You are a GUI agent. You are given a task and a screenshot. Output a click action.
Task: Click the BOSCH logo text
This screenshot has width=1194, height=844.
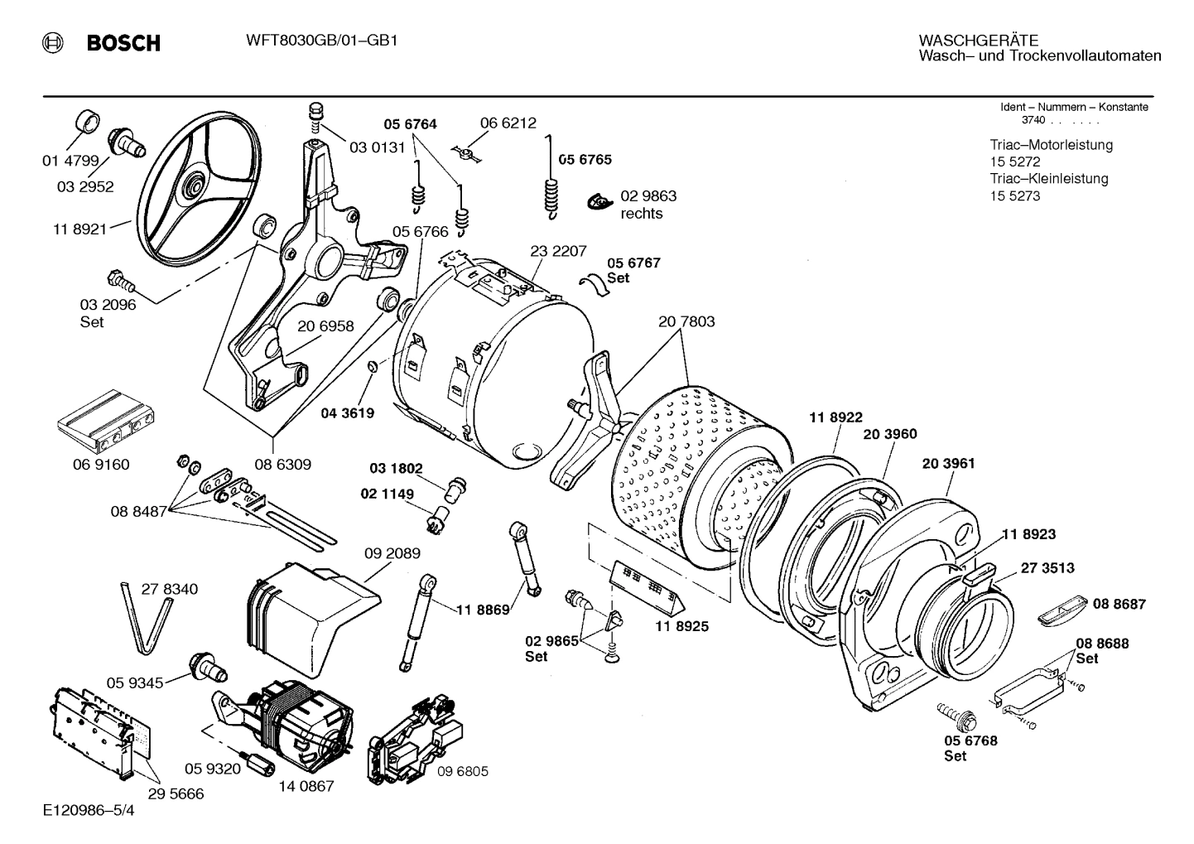[x=123, y=43]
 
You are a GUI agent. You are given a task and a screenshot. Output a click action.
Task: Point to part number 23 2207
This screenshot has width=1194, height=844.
[x=558, y=251]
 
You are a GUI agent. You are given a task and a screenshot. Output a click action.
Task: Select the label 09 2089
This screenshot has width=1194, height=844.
[x=392, y=552]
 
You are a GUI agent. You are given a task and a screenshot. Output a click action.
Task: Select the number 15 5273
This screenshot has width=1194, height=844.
[x=1014, y=196]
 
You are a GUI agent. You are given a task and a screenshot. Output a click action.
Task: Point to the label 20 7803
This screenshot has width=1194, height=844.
[x=686, y=321]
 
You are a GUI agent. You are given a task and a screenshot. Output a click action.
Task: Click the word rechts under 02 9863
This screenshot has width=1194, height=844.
[x=642, y=214]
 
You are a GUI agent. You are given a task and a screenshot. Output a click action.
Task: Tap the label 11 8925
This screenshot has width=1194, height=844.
[x=681, y=627]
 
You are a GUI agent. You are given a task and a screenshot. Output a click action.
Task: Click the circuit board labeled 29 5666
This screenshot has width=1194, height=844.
[x=91, y=731]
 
